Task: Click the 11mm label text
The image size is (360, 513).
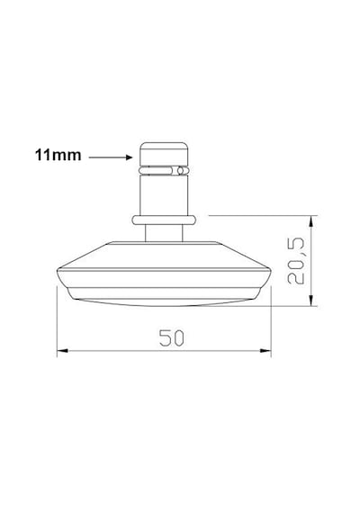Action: pos(58,155)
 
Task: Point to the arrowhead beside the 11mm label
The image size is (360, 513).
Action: pos(130,157)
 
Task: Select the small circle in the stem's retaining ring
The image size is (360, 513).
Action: pos(180,170)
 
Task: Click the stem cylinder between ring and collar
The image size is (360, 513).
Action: pos(164,195)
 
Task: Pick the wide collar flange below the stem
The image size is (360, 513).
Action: pos(165,220)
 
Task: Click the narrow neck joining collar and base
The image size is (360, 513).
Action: pos(164,233)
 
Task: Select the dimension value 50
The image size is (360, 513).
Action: pos(172,337)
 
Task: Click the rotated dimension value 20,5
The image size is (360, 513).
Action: pos(296,261)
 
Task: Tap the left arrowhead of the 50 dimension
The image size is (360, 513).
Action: pos(62,351)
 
